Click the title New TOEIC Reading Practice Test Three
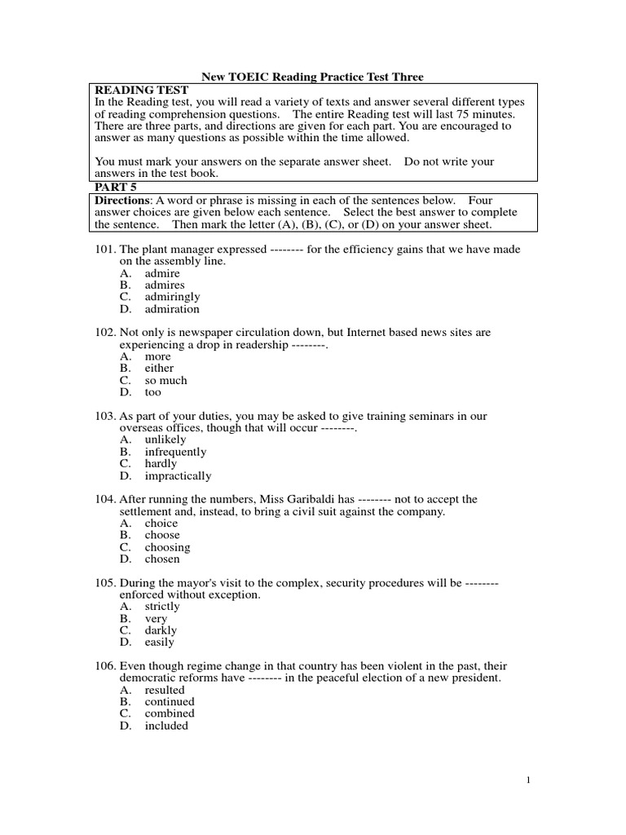[312, 77]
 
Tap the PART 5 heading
[116, 187]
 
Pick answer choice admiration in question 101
[172, 309]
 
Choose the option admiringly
[172, 297]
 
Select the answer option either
[159, 368]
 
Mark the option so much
[165, 380]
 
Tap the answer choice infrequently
[175, 452]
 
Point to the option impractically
[178, 475]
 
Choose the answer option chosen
[162, 559]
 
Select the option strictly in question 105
[162, 607]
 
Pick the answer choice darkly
[161, 630]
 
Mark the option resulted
[165, 690]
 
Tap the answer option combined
[169, 714]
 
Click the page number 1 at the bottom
[528, 780]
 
